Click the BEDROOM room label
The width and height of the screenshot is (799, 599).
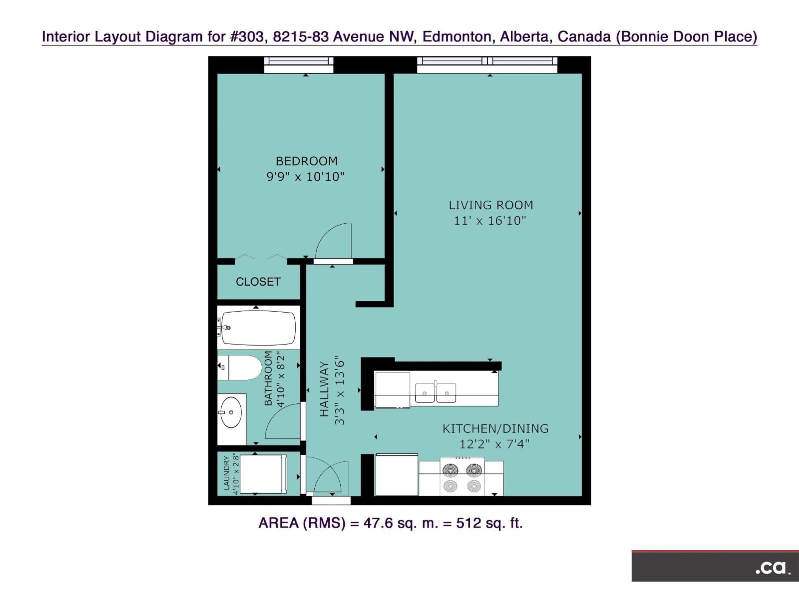click(306, 161)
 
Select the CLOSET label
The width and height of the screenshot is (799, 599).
click(258, 282)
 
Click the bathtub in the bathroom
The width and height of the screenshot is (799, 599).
click(258, 328)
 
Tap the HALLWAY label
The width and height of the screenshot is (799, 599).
click(324, 389)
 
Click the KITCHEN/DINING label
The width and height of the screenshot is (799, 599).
click(495, 429)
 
